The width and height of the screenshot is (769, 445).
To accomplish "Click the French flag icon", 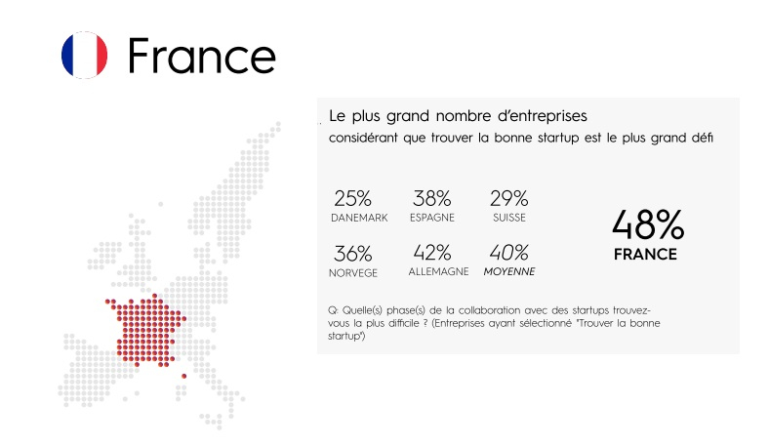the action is pyautogui.click(x=84, y=55).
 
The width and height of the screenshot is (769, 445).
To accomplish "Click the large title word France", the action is pyautogui.click(x=202, y=56).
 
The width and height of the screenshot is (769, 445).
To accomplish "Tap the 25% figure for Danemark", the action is pyautogui.click(x=352, y=199).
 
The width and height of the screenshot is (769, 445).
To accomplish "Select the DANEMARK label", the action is pyautogui.click(x=359, y=218).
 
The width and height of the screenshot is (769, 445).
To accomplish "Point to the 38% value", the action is pyautogui.click(x=431, y=199).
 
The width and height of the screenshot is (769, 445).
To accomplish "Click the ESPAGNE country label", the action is pyautogui.click(x=432, y=218).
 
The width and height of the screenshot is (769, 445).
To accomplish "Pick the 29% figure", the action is pyautogui.click(x=509, y=199).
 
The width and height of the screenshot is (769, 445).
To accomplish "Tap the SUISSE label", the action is pyautogui.click(x=509, y=218).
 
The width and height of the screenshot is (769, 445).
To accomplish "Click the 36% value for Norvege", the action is pyautogui.click(x=352, y=254).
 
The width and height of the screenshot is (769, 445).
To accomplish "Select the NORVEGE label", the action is pyautogui.click(x=353, y=273).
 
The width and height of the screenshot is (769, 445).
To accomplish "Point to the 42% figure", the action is pyautogui.click(x=432, y=253).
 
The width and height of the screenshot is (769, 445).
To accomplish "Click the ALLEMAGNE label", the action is pyautogui.click(x=438, y=272).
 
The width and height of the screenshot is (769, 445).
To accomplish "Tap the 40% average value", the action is pyautogui.click(x=509, y=253).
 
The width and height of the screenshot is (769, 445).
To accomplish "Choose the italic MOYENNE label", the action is pyautogui.click(x=509, y=272).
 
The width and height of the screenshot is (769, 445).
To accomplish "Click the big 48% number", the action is pyautogui.click(x=648, y=224).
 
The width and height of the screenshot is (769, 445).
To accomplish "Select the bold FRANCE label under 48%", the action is pyautogui.click(x=645, y=254).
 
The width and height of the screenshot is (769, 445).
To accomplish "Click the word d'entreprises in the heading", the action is pyautogui.click(x=542, y=116).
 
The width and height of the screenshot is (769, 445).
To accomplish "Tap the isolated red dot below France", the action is pyautogui.click(x=183, y=377).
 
